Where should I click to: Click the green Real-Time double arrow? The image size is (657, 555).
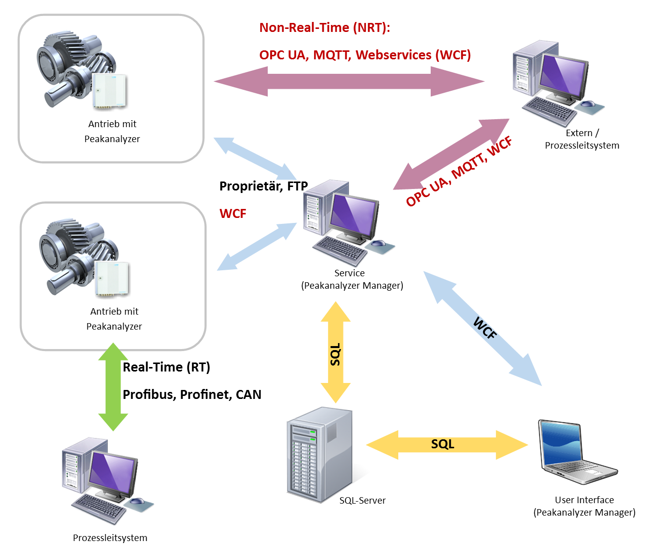pyautogui.click(x=113, y=386)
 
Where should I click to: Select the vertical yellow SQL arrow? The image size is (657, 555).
pyautogui.click(x=335, y=352)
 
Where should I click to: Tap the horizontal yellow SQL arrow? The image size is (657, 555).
pyautogui.click(x=447, y=445)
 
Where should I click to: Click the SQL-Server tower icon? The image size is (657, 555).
pyautogui.click(x=319, y=454)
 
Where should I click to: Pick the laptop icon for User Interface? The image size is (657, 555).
pyautogui.click(x=578, y=452)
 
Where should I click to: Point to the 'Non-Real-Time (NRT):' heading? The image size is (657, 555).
pyautogui.click(x=325, y=28)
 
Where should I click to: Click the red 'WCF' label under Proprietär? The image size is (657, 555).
pyautogui.click(x=232, y=213)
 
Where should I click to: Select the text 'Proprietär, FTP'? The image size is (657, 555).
pyautogui.click(x=263, y=186)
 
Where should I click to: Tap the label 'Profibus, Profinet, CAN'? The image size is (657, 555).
pyautogui.click(x=192, y=394)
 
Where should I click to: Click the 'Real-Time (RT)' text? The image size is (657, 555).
pyautogui.click(x=166, y=367)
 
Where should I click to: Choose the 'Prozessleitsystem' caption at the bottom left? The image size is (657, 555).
pyautogui.click(x=110, y=538)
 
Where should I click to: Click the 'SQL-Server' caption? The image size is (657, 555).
pyautogui.click(x=362, y=500)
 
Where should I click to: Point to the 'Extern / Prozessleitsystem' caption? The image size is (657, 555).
pyautogui.click(x=582, y=139)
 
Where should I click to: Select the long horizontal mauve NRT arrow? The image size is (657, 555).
pyautogui.click(x=349, y=81)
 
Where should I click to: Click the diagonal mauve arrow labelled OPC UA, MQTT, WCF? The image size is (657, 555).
pyautogui.click(x=451, y=154)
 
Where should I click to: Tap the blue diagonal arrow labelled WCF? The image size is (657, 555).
pyautogui.click(x=483, y=328)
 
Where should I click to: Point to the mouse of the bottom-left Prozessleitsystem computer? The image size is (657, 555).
pyautogui.click(x=137, y=501)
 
